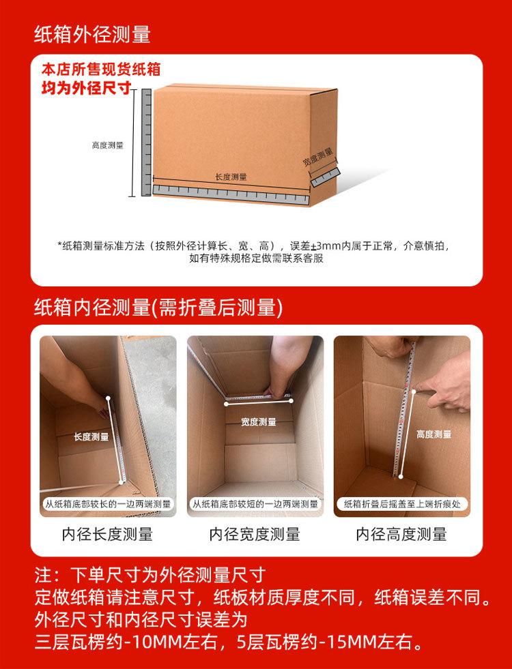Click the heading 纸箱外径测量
[x=92, y=33]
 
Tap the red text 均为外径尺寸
[x=86, y=88]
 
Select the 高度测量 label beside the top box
[x=108, y=145]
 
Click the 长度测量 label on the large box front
[x=231, y=177]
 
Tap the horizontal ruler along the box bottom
[x=231, y=192]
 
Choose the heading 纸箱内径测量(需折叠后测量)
[x=158, y=308]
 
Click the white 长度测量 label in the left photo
[x=91, y=436]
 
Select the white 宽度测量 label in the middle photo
[x=259, y=422]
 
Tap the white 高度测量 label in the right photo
[x=433, y=434]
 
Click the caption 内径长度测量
[x=107, y=534]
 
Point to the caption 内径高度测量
[x=401, y=534]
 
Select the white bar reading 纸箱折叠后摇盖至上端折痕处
[x=402, y=505]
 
